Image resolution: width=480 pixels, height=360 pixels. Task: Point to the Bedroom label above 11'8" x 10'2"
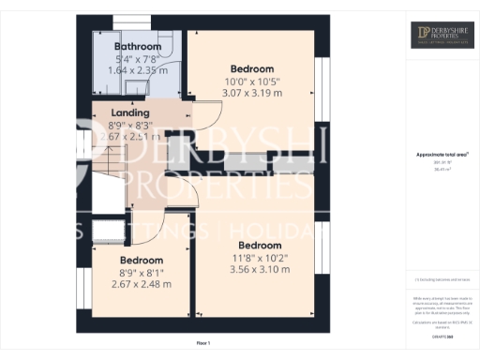(x=261, y=246)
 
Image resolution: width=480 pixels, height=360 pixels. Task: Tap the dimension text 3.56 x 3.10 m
(x=261, y=269)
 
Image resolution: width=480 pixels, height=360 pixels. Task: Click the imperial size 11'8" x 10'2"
(x=261, y=258)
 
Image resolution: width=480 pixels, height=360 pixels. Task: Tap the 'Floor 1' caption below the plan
(x=203, y=344)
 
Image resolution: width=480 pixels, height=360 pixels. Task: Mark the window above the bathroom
(x=137, y=24)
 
